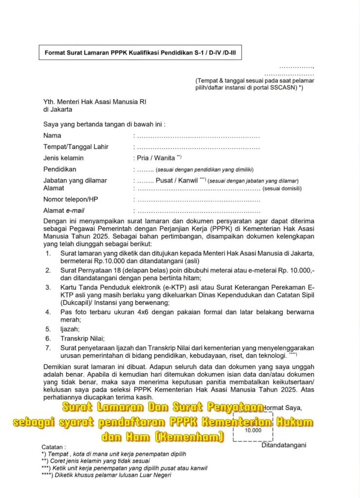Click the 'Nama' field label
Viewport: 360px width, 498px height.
[52, 136]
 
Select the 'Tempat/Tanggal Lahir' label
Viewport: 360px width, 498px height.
[76, 147]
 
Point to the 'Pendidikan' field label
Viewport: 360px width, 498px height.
[60, 169]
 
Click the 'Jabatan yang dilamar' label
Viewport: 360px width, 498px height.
[75, 180]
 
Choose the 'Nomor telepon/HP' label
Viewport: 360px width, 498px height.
[71, 199]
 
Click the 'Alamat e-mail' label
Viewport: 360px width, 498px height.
[64, 211]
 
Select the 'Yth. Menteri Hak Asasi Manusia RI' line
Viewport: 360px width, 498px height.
[94, 102]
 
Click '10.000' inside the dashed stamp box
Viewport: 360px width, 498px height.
[253, 430]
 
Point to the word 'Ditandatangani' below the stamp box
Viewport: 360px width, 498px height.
[284, 445]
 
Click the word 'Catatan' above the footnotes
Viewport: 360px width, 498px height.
[53, 446]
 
